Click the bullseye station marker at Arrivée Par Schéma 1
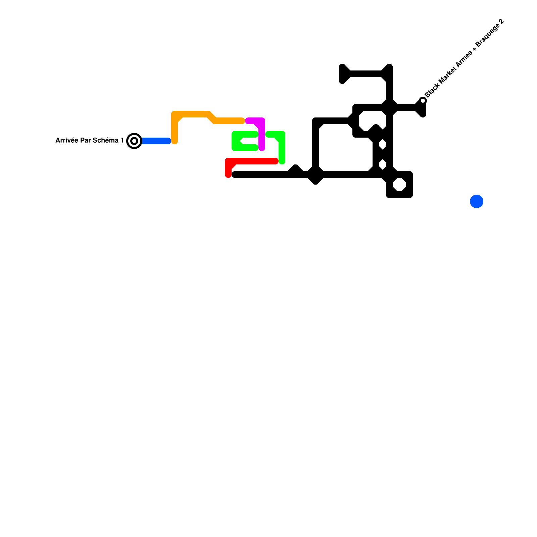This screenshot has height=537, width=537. [x=134, y=141]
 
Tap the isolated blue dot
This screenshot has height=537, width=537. [x=476, y=201]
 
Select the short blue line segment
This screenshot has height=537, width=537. [x=156, y=141]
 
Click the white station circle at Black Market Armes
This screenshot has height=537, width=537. [x=423, y=101]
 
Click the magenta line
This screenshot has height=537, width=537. [x=262, y=134]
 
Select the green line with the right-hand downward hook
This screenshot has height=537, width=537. [x=282, y=148]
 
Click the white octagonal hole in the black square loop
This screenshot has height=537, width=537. [x=399, y=185]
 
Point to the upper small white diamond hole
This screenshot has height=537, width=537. [x=383, y=145]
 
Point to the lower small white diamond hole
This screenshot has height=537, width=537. [x=383, y=165]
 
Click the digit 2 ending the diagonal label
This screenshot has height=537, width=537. [x=501, y=22]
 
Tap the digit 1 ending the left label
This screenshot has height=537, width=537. [x=122, y=140]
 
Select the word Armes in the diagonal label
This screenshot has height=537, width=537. [x=465, y=60]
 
